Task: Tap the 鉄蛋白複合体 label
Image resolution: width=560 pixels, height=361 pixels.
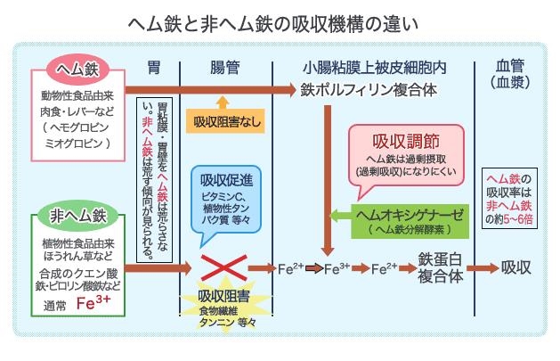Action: click(441, 267)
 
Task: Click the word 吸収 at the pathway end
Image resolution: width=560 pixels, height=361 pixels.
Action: click(516, 267)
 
